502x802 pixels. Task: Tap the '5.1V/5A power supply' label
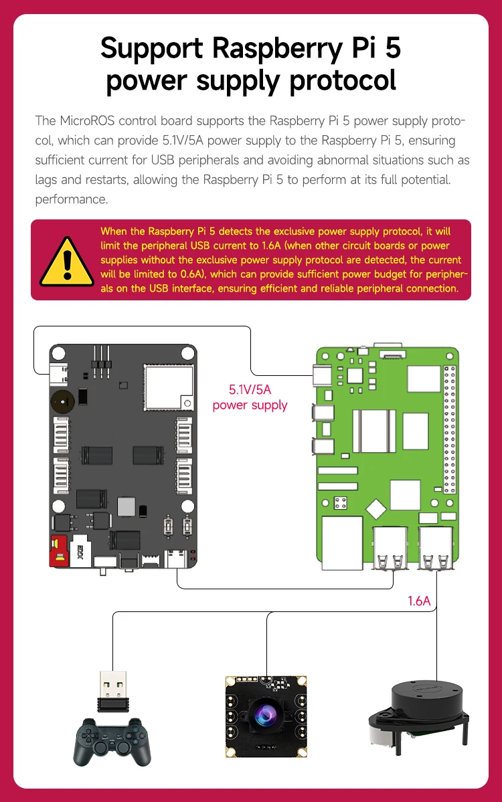point(250,397)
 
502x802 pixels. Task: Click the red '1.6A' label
point(419,601)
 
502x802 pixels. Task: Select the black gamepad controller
point(112,741)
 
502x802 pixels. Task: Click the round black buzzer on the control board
point(62,401)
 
